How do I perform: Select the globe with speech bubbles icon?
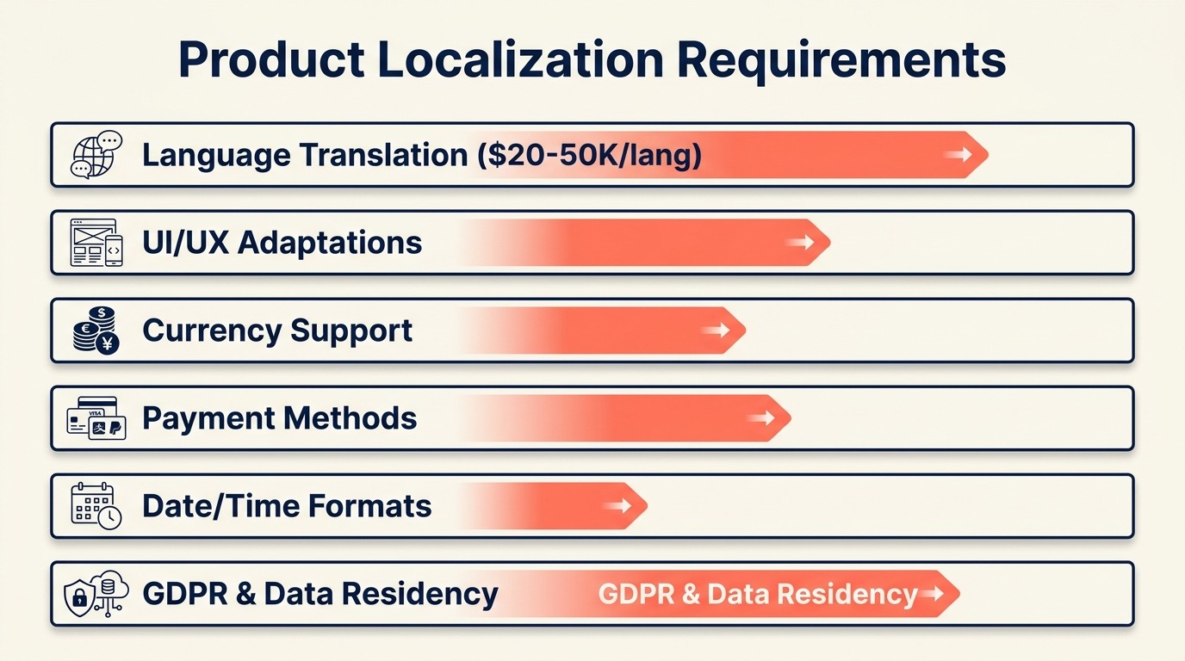coord(96,155)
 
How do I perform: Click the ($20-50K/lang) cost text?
coord(589,155)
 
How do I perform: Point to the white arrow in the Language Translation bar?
coord(957,155)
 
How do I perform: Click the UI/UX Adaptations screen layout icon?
coord(96,243)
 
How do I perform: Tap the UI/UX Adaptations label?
coord(282,243)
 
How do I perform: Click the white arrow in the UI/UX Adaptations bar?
coord(800,243)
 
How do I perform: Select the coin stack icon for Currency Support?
coord(96,330)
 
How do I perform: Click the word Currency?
coord(211,330)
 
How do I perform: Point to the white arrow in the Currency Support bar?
coord(715,330)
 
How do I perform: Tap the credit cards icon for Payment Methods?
coord(96,418)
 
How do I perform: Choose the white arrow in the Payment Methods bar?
coord(760,418)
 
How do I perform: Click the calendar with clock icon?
coord(96,506)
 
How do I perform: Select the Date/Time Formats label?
coord(287,506)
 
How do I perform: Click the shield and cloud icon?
coord(96,594)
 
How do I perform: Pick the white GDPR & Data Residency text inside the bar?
coord(758,594)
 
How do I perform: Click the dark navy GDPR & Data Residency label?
coord(320,594)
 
